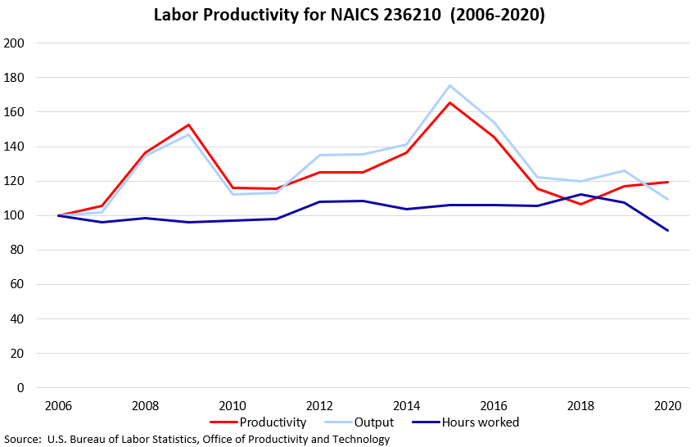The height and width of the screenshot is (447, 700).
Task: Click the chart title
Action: coord(350,16)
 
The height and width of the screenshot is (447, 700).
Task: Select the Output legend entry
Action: coord(374,422)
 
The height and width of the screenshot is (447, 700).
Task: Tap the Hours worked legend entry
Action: coord(480,422)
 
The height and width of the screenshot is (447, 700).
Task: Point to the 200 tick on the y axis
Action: coord(14,43)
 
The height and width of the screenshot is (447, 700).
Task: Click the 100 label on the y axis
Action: coord(14,215)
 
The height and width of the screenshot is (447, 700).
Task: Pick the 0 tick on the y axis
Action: coord(20,388)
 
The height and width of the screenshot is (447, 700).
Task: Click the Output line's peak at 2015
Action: coord(450,86)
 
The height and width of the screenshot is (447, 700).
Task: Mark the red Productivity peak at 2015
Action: coord(450,103)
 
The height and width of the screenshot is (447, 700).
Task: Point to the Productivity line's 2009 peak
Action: coord(188,125)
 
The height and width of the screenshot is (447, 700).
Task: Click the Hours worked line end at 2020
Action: coord(668,230)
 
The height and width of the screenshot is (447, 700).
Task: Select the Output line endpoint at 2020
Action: coord(668,199)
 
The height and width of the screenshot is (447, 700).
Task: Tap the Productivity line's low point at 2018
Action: coord(581,204)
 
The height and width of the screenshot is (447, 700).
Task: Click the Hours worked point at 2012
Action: coord(319,201)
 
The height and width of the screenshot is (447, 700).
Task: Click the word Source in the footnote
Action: coord(22,439)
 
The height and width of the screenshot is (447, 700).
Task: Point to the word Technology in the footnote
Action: coord(359,439)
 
